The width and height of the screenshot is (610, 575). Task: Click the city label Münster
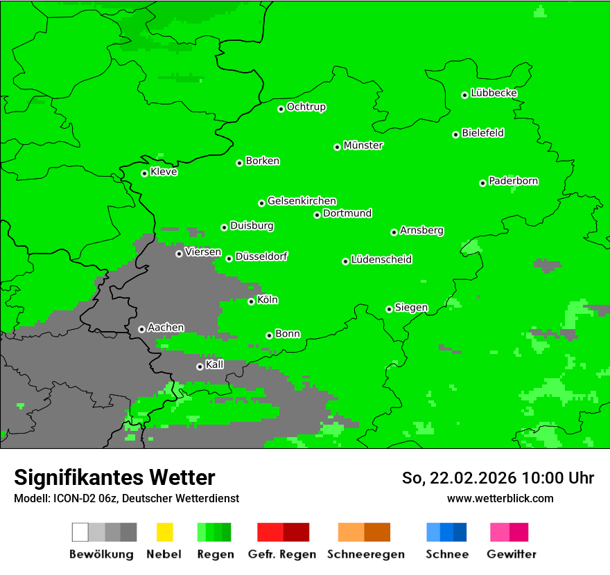point(363,145)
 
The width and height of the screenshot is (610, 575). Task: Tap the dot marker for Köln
point(252,301)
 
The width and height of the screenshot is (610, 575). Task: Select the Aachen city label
point(166,328)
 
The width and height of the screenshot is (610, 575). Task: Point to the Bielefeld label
point(482,133)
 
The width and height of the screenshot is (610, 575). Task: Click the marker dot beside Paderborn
point(483,183)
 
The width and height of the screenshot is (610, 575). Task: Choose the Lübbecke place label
point(494,93)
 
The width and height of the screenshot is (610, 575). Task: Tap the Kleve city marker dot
point(145,173)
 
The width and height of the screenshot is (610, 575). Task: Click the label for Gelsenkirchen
point(302,201)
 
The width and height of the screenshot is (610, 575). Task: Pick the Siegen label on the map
point(411,308)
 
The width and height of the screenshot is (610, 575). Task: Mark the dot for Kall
point(200,366)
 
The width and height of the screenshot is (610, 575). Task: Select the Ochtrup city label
point(306,107)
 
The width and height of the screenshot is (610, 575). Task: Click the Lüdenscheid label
point(381,260)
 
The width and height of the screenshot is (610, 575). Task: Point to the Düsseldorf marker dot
point(229,258)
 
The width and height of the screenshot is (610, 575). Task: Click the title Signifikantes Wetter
point(114,477)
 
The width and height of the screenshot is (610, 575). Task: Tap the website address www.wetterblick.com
point(500,498)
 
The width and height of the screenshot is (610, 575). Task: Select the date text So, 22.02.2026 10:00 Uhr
point(498,478)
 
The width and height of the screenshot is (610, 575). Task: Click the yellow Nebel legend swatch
point(164,532)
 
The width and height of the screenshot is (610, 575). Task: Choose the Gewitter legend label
point(511,554)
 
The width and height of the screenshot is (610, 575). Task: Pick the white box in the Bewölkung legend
point(80,532)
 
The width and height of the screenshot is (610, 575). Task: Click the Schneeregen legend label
point(365,554)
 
